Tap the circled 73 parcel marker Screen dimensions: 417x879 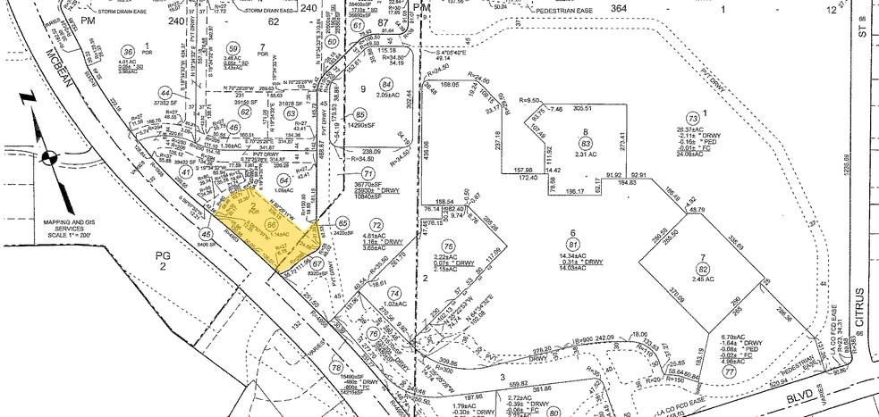pos(692,118)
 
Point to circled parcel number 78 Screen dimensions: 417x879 pos(336,367)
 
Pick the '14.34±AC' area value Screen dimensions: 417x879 pos(572,256)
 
